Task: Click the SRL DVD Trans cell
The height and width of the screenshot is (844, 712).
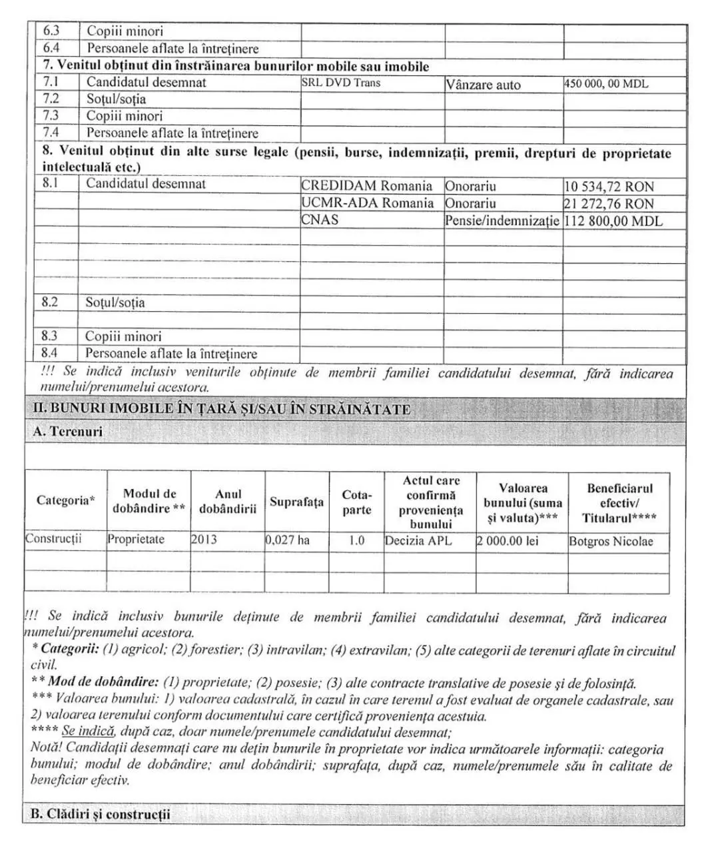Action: (341, 83)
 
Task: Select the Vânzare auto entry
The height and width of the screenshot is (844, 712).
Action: (483, 85)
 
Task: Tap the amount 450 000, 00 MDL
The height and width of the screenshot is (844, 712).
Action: (605, 84)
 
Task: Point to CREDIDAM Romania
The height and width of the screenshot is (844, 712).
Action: (366, 186)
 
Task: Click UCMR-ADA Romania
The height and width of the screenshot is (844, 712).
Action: (367, 203)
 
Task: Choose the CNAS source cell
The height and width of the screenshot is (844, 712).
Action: (320, 219)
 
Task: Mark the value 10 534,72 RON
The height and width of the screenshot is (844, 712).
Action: (609, 187)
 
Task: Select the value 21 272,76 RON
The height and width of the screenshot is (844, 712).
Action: (609, 204)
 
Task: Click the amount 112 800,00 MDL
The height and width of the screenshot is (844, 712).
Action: (613, 221)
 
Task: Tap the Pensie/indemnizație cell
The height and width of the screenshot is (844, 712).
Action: (502, 220)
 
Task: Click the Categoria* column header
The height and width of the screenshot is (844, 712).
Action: (65, 500)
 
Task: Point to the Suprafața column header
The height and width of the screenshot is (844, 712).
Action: (296, 502)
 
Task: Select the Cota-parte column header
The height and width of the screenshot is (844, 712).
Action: (356, 502)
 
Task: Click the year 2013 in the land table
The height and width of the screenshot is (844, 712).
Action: (204, 540)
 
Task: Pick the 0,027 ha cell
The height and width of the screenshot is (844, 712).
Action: (288, 540)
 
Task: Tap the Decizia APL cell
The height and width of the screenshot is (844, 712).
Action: (418, 541)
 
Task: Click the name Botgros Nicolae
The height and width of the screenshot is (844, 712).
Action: (611, 542)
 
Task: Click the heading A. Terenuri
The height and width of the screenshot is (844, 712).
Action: (68, 432)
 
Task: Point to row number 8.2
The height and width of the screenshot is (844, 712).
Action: (50, 302)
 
